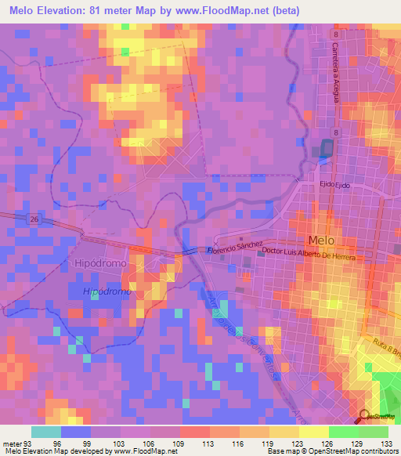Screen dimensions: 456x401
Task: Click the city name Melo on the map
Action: (x=321, y=241)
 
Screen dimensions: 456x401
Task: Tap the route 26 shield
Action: (x=34, y=220)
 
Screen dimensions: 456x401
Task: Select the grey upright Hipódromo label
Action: (x=100, y=264)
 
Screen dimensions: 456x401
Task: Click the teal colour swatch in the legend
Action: (x=46, y=432)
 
